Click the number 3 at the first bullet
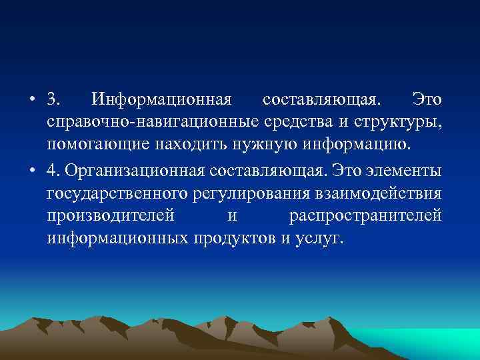click(52, 100)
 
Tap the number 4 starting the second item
click(52, 171)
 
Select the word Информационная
click(162, 100)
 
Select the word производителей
click(111, 216)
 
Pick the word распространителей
click(365, 216)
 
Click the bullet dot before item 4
click(33, 171)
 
